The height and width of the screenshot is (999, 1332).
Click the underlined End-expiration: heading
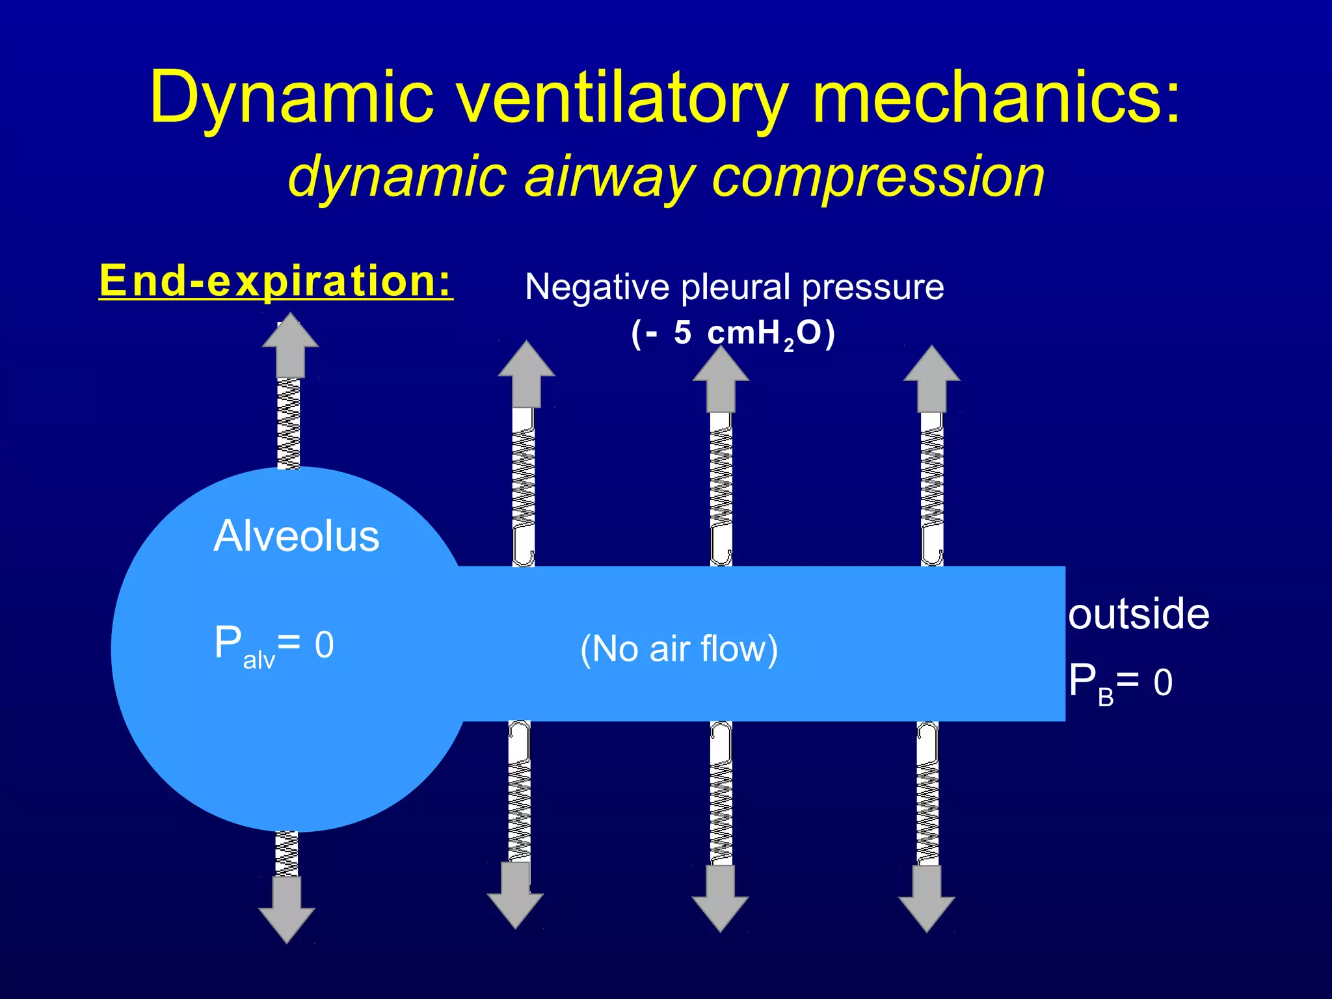(x=276, y=281)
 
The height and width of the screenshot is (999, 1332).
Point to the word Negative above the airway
(x=597, y=287)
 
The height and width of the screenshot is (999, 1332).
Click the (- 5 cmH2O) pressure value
(x=733, y=334)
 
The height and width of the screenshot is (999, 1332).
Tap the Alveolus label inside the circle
(x=297, y=537)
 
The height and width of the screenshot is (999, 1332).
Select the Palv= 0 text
(x=274, y=645)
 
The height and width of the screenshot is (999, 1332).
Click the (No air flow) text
(x=679, y=648)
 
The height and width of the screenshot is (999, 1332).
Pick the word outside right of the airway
(x=1138, y=614)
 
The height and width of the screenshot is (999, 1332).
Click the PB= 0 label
(x=1120, y=683)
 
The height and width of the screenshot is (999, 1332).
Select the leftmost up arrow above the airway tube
(x=526, y=373)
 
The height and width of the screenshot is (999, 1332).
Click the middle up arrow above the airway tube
(x=721, y=379)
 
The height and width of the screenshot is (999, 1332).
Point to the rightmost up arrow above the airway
(x=931, y=379)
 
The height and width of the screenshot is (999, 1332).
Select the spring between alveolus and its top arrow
(x=289, y=423)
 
